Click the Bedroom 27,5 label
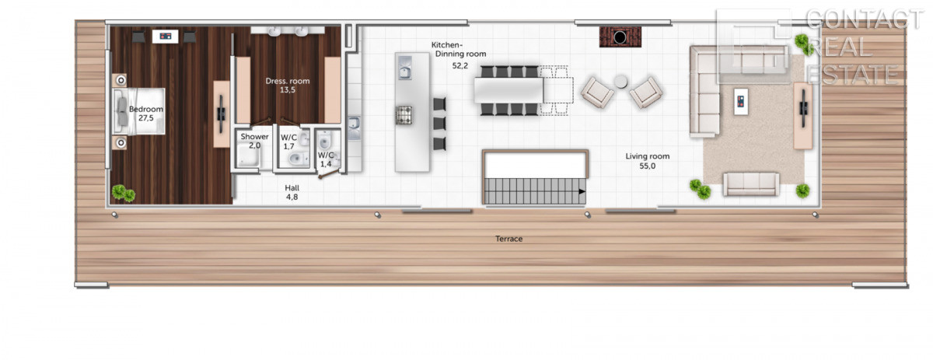click(146, 114)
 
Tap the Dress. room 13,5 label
click(288, 86)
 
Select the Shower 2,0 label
click(254, 141)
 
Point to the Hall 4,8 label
click(292, 193)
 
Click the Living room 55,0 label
click(647, 161)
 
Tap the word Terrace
click(508, 239)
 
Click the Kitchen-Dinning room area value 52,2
click(460, 65)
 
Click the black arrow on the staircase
click(582, 192)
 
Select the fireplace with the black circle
click(620, 37)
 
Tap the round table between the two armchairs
click(620, 82)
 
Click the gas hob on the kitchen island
click(404, 115)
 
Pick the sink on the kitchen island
click(404, 68)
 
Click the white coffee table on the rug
click(741, 101)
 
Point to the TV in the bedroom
click(221, 114)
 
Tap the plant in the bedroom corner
click(124, 193)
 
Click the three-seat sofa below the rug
click(751, 184)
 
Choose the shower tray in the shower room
click(249, 155)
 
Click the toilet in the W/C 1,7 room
click(296, 159)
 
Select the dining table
click(508, 90)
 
